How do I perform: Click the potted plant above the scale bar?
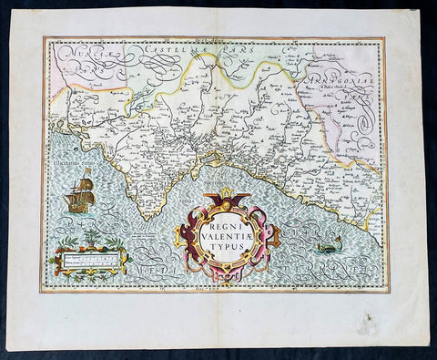coord(90,240)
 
